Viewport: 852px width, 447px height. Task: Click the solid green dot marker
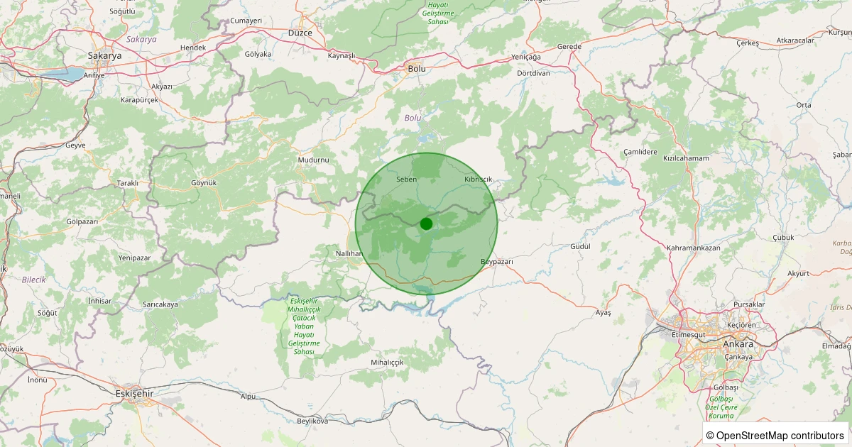(426, 223)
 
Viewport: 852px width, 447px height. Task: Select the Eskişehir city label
(134, 392)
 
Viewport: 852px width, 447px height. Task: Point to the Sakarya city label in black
(102, 55)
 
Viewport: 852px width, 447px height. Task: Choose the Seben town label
(406, 180)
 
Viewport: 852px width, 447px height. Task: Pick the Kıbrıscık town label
(478, 180)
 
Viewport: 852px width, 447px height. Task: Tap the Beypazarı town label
(496, 262)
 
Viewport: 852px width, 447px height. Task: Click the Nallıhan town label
(349, 253)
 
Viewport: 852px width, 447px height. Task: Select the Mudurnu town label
(313, 160)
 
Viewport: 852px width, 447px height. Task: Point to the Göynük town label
(204, 182)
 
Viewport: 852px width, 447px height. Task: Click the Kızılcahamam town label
(686, 158)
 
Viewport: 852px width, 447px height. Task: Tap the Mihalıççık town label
(387, 362)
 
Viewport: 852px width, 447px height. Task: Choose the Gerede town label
(569, 47)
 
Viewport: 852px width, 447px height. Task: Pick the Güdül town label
(580, 246)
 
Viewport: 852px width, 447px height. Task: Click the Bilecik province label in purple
(33, 280)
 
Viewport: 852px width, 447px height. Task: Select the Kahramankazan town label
(694, 248)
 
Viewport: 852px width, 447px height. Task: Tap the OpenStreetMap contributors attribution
(775, 435)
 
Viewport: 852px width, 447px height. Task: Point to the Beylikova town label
(312, 421)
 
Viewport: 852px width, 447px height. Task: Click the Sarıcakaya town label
(160, 304)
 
